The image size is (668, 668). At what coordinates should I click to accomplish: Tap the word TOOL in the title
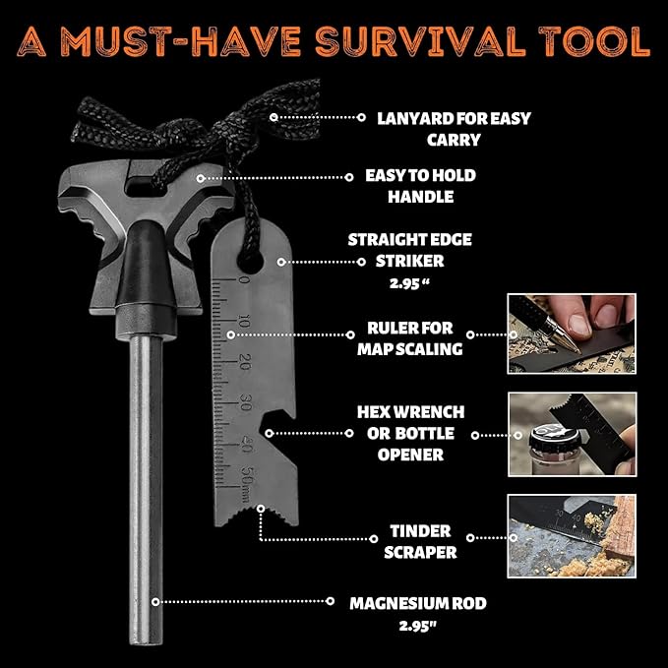tap(594, 41)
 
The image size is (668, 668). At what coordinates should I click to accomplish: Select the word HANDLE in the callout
tap(420, 197)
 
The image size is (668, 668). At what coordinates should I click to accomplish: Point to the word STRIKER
tap(409, 261)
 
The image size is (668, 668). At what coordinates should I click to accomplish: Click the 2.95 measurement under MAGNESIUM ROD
tap(418, 626)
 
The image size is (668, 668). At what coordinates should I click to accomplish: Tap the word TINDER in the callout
tap(420, 531)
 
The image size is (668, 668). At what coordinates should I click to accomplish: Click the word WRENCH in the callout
tap(429, 412)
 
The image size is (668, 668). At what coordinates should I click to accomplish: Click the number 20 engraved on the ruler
tap(245, 362)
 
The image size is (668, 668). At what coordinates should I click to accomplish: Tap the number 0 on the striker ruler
tap(244, 280)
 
